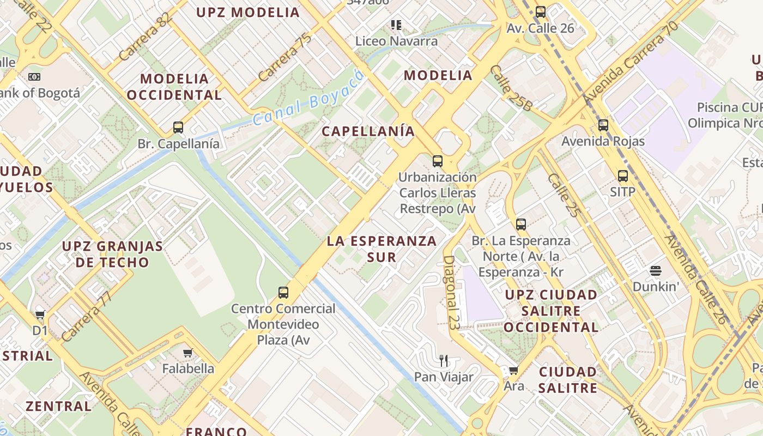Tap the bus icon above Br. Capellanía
pos(178,128)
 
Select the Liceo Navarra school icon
pos(396,25)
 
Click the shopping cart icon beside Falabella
pos(188,353)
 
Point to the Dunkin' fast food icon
pos(655,271)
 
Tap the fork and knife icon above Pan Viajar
pos(444,360)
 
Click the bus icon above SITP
pos(622,176)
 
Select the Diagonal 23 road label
pos(452,293)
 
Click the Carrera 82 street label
pos(145,37)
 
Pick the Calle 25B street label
pos(511,88)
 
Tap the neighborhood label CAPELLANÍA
pos(368,131)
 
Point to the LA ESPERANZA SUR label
pos(381,249)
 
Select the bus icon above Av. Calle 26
pos(541,11)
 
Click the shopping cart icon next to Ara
pos(513,371)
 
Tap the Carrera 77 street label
pos(87,316)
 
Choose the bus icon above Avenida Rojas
pos(603,125)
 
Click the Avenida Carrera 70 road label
pos(631,63)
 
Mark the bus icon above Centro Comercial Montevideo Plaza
pos(283,292)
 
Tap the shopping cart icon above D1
pos(40,314)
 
